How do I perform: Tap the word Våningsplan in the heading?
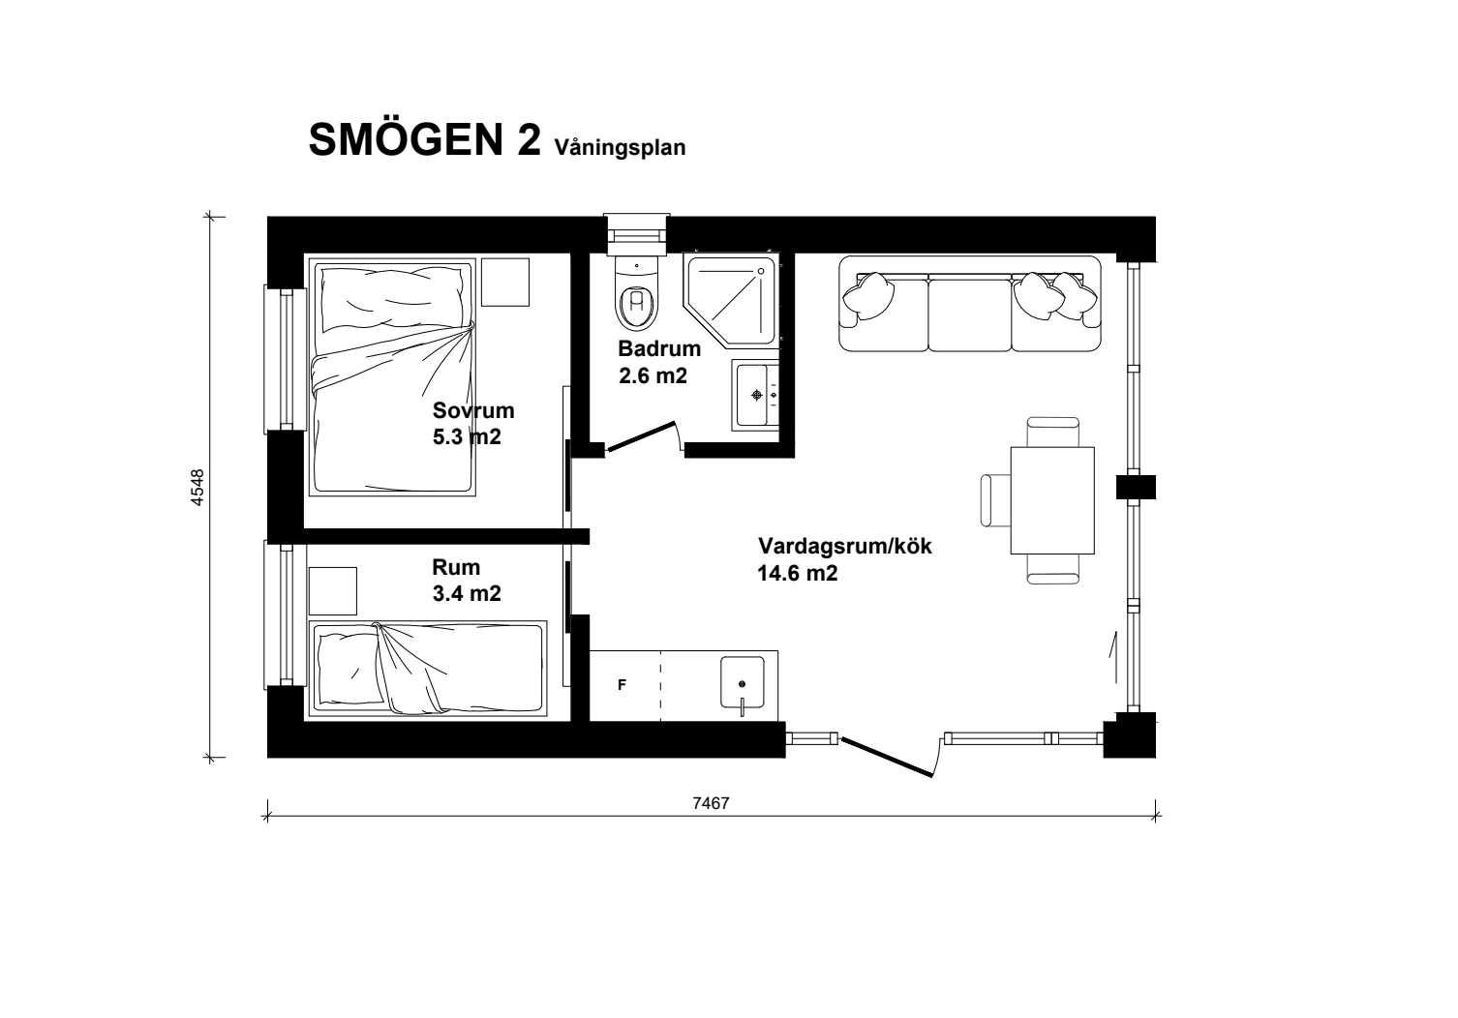pyautogui.click(x=620, y=148)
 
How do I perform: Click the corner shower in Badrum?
pyautogui.click(x=731, y=300)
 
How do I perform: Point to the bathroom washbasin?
pyautogui.click(x=755, y=395)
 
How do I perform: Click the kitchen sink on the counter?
pyautogui.click(x=742, y=682)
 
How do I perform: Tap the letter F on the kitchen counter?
pyautogui.click(x=622, y=684)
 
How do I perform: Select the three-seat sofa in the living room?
pyautogui.click(x=969, y=304)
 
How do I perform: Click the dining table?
pyautogui.click(x=1052, y=500)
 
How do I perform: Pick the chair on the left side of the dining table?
pyautogui.click(x=995, y=499)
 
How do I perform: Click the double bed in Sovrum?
pyautogui.click(x=392, y=376)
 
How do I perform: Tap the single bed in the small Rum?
pyautogui.click(x=427, y=669)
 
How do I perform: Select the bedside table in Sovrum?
pyautogui.click(x=505, y=282)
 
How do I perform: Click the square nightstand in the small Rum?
pyautogui.click(x=333, y=590)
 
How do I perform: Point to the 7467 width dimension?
pyautogui.click(x=711, y=803)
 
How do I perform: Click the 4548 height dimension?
pyautogui.click(x=197, y=487)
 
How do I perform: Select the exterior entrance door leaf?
pyautogui.click(x=887, y=757)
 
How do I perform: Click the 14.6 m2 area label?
pyautogui.click(x=798, y=574)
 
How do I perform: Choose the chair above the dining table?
pyautogui.click(x=1052, y=432)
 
